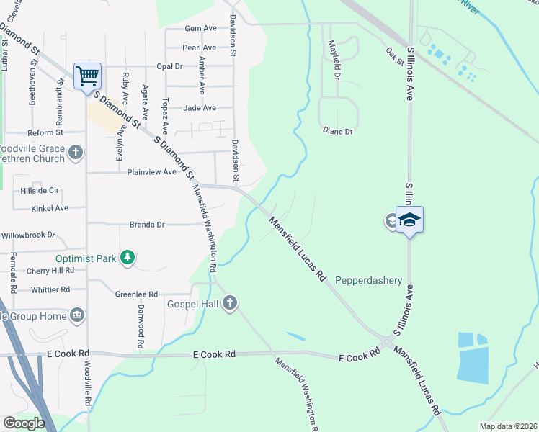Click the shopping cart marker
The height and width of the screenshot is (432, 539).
(x=87, y=76)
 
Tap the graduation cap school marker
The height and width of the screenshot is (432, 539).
(x=409, y=220)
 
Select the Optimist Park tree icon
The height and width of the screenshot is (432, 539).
(x=128, y=257)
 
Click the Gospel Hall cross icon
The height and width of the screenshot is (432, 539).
(x=230, y=303)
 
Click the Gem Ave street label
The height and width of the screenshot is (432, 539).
(x=201, y=28)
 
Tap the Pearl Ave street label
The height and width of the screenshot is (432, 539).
(x=200, y=48)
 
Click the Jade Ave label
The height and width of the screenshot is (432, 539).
(x=200, y=108)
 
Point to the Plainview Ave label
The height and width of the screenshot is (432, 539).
(x=151, y=172)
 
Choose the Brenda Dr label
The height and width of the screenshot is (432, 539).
(x=147, y=225)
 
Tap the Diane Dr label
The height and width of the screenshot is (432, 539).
(x=337, y=132)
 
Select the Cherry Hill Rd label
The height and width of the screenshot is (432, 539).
(x=50, y=270)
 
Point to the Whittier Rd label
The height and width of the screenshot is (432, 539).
(x=50, y=289)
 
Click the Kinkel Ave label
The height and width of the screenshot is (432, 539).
(x=50, y=208)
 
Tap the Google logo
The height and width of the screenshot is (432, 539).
(x=24, y=423)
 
